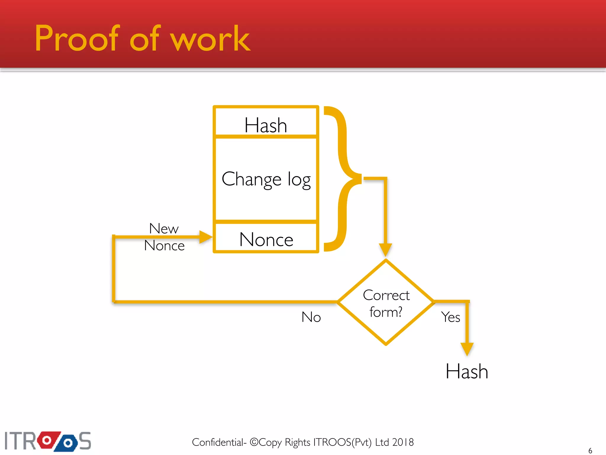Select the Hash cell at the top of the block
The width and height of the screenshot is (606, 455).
click(266, 124)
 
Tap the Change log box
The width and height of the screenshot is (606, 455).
click(266, 179)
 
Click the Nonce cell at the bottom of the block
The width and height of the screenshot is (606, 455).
click(266, 239)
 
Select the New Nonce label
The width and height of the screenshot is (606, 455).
click(164, 237)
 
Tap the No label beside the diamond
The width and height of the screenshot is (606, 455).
click(311, 317)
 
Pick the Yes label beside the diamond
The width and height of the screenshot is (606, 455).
click(450, 317)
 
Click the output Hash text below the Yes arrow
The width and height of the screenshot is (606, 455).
click(467, 371)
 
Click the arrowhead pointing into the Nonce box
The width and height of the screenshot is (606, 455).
click(206, 237)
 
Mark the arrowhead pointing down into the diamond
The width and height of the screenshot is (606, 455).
click(386, 249)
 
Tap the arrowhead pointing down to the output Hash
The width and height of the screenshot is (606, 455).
click(467, 349)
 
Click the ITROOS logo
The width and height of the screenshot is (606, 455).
click(48, 441)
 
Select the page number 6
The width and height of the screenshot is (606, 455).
click(590, 451)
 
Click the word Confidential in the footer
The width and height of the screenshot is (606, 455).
click(217, 442)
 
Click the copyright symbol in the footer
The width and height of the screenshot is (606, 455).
click(254, 442)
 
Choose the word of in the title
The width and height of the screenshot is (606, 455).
click(145, 39)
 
